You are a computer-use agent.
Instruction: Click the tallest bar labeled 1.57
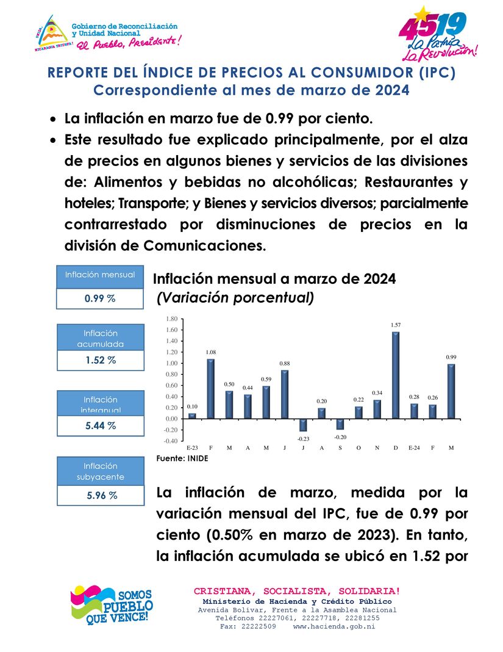396,375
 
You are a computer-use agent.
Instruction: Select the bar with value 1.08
211,388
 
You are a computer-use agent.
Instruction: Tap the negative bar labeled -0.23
304,425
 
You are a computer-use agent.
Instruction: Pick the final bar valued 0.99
451,391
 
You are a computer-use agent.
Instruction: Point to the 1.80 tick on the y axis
171,319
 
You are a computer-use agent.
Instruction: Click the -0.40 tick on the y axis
170,441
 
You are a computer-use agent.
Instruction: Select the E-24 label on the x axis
414,448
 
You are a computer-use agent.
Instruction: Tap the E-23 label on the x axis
192,448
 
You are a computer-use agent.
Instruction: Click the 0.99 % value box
100,299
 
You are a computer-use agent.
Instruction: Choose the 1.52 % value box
100,360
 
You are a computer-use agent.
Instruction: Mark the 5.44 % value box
100,426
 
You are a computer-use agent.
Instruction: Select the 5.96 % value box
100,495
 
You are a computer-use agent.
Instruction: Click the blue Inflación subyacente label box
100,471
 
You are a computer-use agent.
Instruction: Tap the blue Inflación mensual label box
100,275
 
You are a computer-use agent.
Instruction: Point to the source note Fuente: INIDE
182,458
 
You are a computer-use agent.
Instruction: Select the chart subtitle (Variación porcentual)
235,298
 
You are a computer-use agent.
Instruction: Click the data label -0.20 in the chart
340,437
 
